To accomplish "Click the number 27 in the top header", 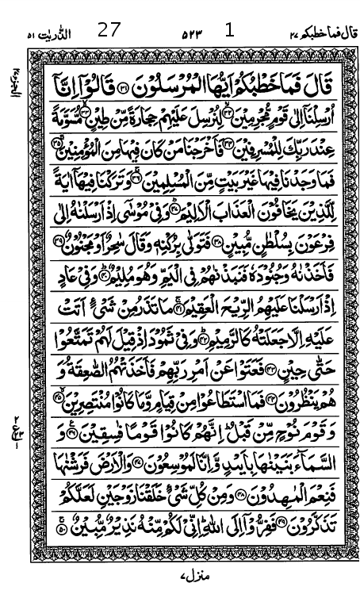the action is coord(109,31).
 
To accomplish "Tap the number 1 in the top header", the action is coord(230,30).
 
